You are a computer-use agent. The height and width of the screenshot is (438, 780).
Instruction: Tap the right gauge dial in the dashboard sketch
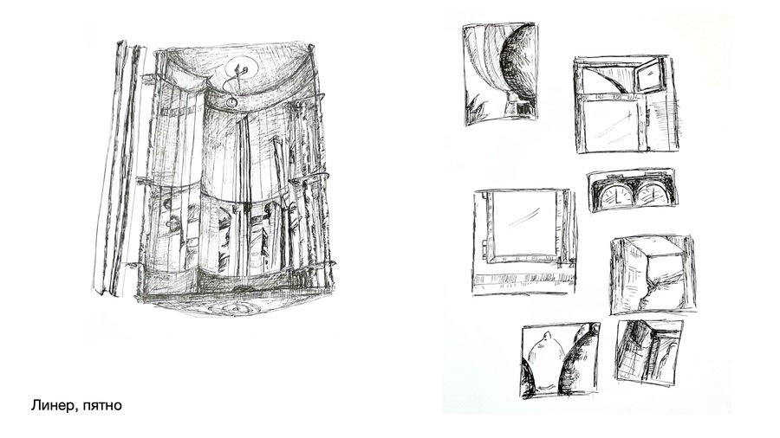(651, 195)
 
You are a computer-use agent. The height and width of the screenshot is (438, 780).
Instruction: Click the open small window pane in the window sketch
(649, 75)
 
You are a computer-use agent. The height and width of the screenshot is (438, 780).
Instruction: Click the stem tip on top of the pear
(546, 332)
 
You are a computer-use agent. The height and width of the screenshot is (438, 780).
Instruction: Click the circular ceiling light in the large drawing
(241, 68)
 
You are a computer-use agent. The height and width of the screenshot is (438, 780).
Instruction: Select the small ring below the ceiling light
(231, 102)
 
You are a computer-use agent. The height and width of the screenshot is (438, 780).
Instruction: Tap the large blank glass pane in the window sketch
(614, 125)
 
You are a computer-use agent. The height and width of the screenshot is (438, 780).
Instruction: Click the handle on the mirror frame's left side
(484, 247)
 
